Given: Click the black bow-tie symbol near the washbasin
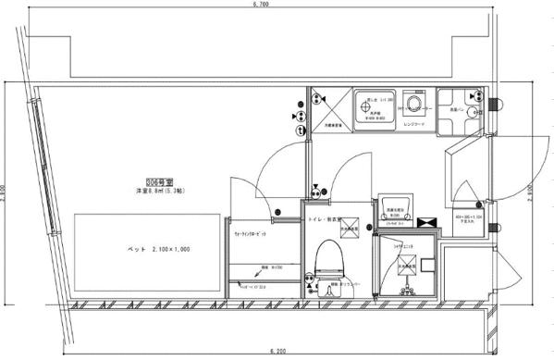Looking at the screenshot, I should click(x=427, y=223).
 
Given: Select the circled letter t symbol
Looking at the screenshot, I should click(x=301, y=131).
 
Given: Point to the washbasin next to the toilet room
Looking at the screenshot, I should click(x=391, y=210).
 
